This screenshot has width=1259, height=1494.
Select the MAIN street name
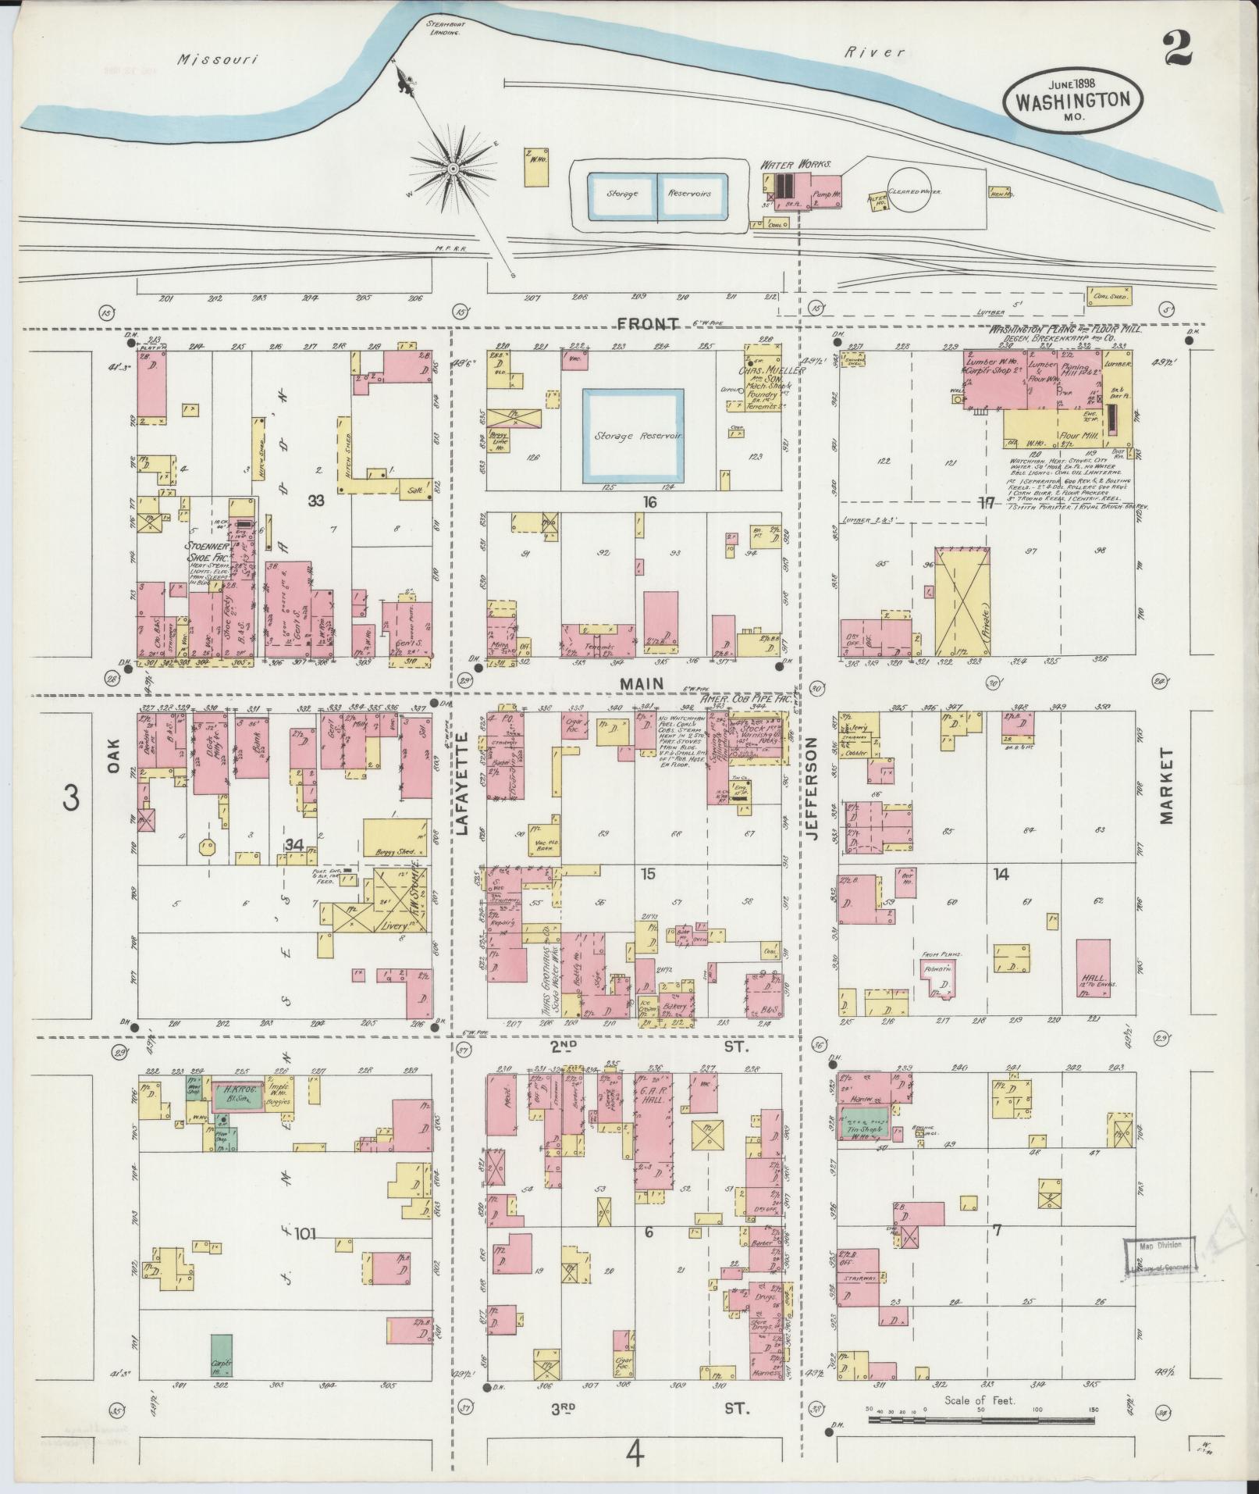642,684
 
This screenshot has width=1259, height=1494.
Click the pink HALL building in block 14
1093,975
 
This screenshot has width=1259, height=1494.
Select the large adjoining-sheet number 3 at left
71,800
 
